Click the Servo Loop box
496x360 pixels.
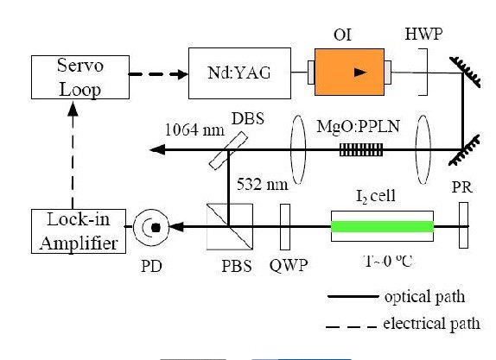tap(80, 77)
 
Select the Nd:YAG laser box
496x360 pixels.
tap(239, 73)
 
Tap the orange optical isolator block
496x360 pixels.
tap(350, 72)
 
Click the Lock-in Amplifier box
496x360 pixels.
tap(79, 231)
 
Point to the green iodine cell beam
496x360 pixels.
tap(382, 227)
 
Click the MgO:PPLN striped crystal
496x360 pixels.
tap(361, 150)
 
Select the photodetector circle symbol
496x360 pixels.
tap(151, 227)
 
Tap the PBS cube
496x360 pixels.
tap(230, 227)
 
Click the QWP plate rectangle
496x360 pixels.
tap(285, 227)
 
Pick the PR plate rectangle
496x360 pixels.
tap(464, 225)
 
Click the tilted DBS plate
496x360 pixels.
tap(228, 151)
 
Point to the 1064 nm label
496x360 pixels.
tap(194, 129)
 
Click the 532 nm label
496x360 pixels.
tap(263, 184)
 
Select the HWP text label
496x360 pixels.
tap(424, 34)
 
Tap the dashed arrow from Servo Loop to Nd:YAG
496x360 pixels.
tap(158, 74)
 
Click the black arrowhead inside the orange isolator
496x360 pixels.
tap(360, 73)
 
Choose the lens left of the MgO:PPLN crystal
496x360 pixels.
tap(298, 149)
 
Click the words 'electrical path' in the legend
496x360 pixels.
tap(432, 324)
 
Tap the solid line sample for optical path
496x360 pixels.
tap(353, 296)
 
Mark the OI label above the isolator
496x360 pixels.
tap(342, 35)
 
